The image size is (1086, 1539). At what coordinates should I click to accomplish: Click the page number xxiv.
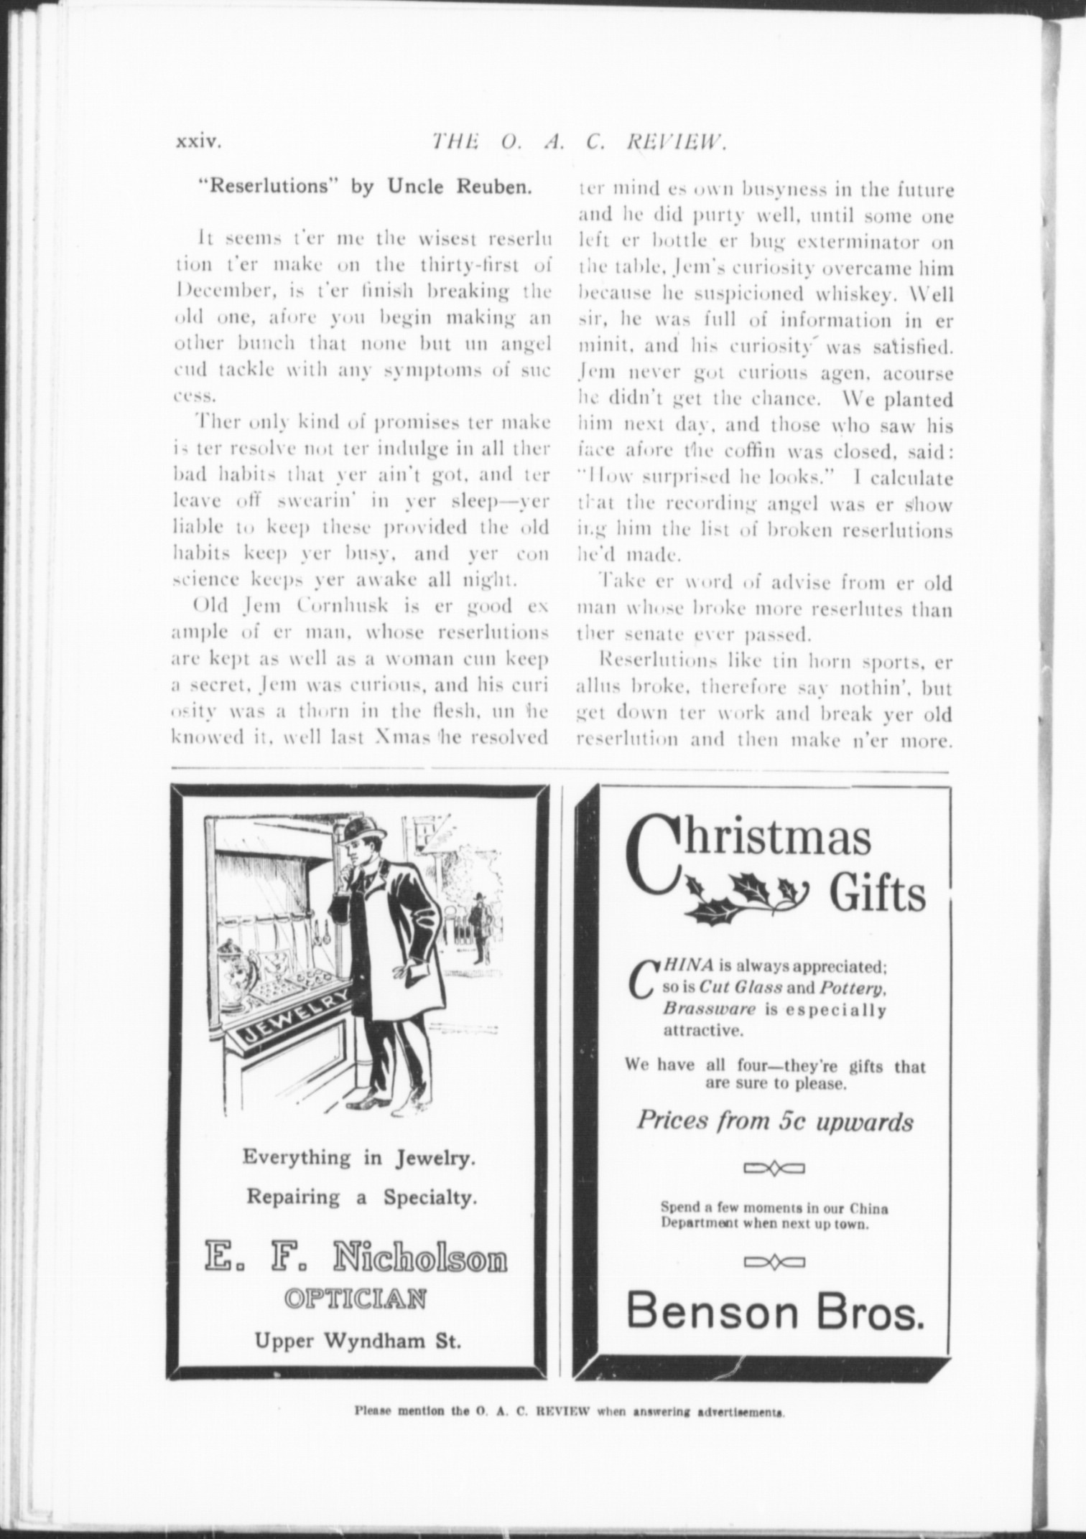pyautogui.click(x=199, y=142)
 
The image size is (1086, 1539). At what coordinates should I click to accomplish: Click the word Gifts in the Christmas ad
pyautogui.click(x=878, y=895)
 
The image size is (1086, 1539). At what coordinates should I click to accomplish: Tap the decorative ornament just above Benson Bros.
pyautogui.click(x=774, y=1261)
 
